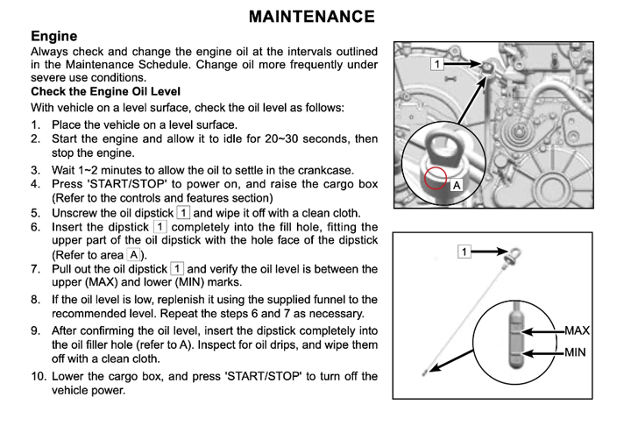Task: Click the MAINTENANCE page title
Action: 312,17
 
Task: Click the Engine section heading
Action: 54,37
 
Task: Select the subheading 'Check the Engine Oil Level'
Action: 105,91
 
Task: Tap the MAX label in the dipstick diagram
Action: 577,331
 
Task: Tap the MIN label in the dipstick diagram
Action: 574,352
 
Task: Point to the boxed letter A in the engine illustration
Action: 456,186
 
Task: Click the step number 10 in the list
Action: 39,377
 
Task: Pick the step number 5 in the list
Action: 35,212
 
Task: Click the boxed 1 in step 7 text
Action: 176,268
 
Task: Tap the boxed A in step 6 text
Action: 132,254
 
